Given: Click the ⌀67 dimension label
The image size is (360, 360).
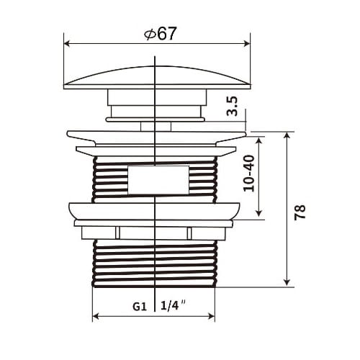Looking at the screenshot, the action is coord(160,34).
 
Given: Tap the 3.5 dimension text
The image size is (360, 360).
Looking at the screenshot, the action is coord(233,106).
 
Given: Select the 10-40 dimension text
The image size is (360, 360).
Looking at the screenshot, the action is coord(249,173).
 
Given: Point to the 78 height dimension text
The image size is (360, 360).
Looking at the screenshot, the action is coord(300,212).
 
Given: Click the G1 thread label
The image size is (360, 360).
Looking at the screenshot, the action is coord(140,307).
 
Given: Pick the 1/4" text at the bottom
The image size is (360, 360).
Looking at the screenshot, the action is coord(174,305).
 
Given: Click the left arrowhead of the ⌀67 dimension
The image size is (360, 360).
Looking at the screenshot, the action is coord(67,44).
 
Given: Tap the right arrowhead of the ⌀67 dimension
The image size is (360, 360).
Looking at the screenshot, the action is coord(247,44).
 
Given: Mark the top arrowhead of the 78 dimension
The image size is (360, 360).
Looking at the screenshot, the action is coord(287,135).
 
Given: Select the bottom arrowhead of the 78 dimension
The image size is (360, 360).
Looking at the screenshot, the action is coord(287,282).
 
